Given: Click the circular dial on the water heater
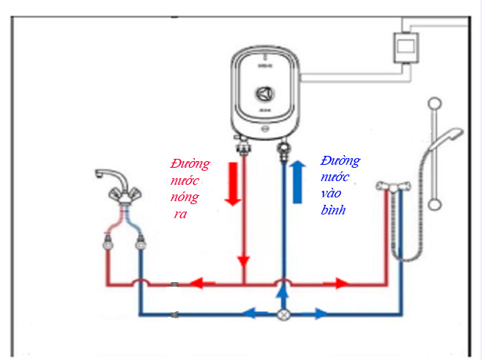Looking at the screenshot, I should click(264, 94).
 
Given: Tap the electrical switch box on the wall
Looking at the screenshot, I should click(405, 50).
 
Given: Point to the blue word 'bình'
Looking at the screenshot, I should click(334, 210).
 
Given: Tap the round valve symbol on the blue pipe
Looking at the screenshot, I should click(282, 314).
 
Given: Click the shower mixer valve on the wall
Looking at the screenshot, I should click(392, 186).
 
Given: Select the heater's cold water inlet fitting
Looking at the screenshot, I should click(282, 148).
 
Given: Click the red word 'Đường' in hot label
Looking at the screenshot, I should click(190, 163).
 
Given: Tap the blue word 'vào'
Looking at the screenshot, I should click(331, 194).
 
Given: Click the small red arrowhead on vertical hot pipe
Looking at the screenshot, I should click(243, 262).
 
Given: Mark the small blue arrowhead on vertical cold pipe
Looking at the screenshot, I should click(282, 261).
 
